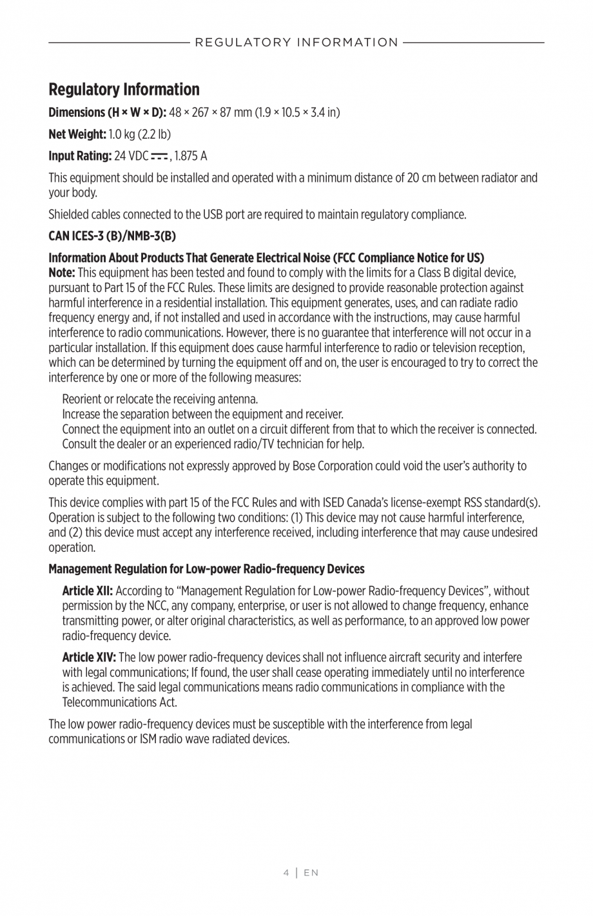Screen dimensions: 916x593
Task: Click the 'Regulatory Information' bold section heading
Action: coord(124,89)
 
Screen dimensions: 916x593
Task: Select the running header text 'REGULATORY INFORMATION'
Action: coord(296,43)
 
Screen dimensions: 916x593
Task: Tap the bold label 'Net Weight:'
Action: coord(77,134)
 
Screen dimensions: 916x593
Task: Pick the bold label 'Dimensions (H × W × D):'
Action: coord(108,113)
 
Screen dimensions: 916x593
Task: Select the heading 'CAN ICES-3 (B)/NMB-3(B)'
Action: coord(112,235)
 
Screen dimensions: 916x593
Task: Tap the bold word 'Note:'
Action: coord(62,273)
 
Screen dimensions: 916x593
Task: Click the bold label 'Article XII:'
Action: coord(88,591)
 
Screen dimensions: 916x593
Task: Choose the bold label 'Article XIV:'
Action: coord(89,658)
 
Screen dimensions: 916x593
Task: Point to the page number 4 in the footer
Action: coord(286,873)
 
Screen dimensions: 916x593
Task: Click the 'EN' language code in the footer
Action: coord(311,873)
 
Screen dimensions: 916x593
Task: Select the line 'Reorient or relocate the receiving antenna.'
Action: coord(160,400)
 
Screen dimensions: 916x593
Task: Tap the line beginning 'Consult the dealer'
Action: coord(213,444)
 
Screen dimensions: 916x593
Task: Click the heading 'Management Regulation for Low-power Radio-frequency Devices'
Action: coord(206,569)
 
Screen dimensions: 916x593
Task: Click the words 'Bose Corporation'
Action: coord(331,466)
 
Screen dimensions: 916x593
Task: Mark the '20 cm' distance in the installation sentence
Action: coord(422,178)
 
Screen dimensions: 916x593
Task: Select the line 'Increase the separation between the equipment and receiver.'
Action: coord(202,414)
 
